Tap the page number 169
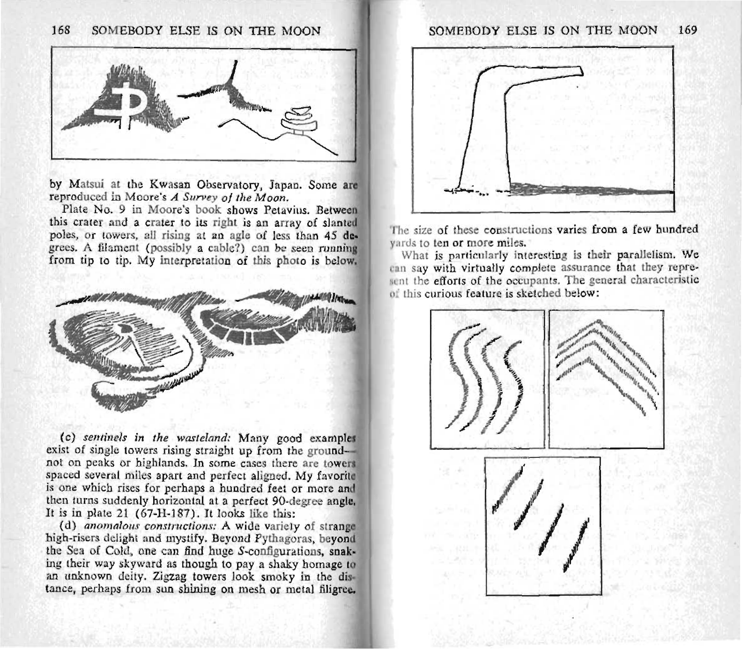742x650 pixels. click(688, 30)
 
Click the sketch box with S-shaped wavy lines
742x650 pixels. click(487, 379)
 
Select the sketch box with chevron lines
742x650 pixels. click(606, 379)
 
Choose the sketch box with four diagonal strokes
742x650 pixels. click(542, 525)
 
